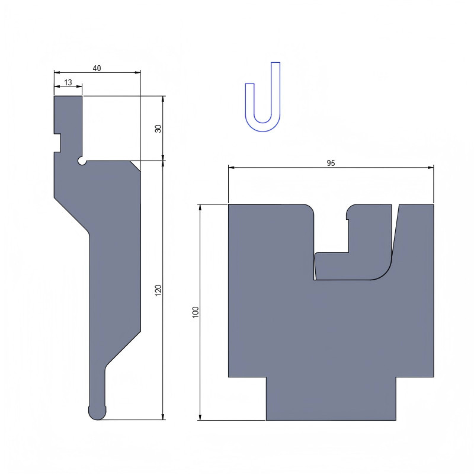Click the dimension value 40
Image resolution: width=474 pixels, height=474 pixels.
(x=97, y=68)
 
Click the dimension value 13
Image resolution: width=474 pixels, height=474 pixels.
(x=68, y=82)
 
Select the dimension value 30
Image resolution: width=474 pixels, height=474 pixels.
(x=158, y=128)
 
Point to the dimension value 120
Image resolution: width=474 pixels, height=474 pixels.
(x=158, y=290)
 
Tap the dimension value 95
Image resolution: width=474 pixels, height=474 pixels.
(x=331, y=164)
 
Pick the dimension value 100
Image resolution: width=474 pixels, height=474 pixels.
(x=196, y=312)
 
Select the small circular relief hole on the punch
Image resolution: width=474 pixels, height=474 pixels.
(x=82, y=161)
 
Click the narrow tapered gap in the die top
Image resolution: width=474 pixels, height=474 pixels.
(x=395, y=234)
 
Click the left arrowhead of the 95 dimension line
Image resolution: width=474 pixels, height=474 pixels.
(x=232, y=168)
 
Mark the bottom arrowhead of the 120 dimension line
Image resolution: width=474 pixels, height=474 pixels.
(x=163, y=417)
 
